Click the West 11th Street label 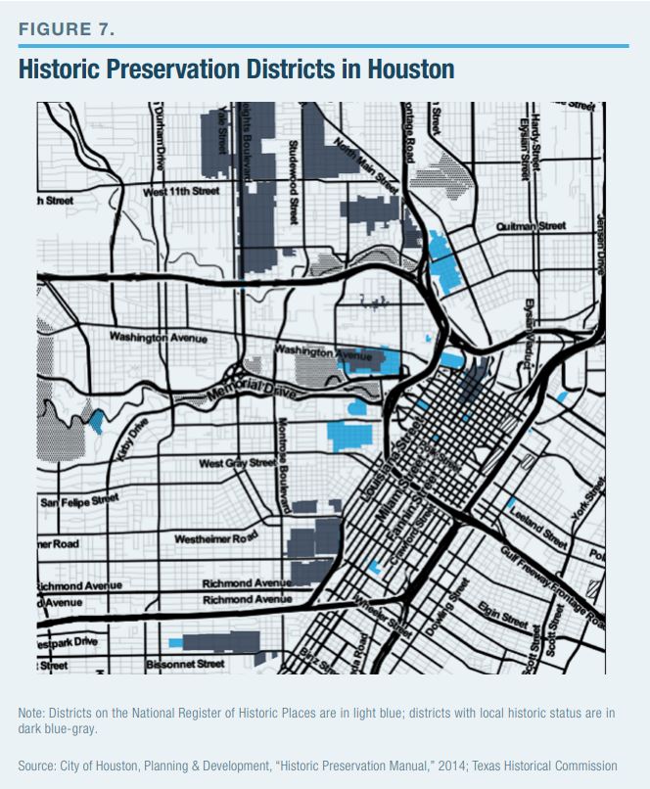pyautogui.click(x=181, y=192)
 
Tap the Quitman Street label pyautogui.click(x=531, y=226)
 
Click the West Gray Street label pyautogui.click(x=237, y=462)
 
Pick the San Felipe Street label pyautogui.click(x=79, y=501)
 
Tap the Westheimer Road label pyautogui.click(x=215, y=538)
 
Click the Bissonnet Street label pyautogui.click(x=185, y=664)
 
